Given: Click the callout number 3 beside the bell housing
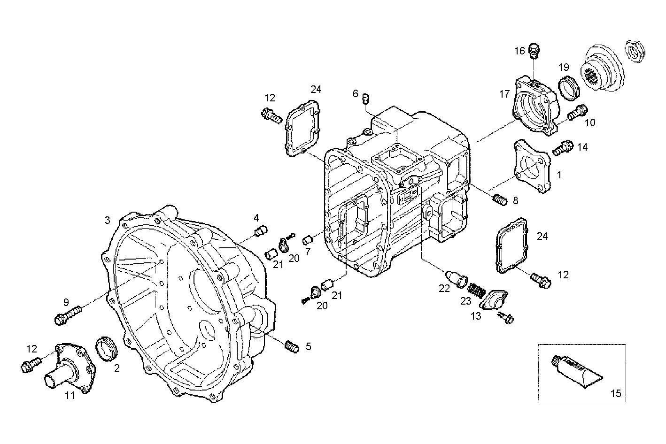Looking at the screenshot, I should (108, 220).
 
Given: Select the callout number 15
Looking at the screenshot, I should (615, 393).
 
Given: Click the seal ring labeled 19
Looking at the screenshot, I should (566, 87).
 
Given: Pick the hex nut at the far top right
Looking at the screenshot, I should (635, 50).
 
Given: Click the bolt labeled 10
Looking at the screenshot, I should (576, 112).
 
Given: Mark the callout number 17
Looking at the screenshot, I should (504, 94).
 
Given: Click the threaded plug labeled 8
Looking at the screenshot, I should (500, 199).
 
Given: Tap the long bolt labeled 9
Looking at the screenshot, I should (68, 314).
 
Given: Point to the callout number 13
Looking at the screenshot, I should (476, 316).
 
